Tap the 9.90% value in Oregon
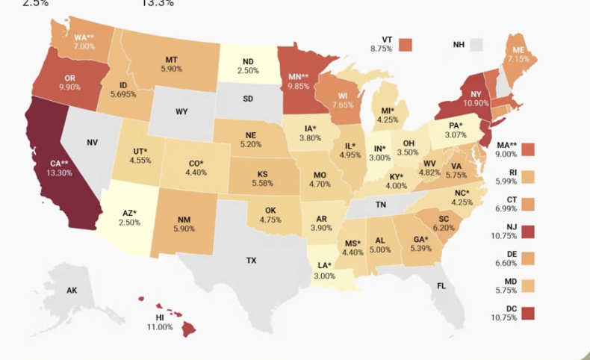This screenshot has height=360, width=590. [x=69, y=87]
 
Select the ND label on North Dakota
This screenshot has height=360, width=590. [x=249, y=61]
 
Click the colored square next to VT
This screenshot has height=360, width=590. [x=406, y=44]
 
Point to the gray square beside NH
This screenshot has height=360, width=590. [x=476, y=45]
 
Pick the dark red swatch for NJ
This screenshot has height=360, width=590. [x=528, y=229]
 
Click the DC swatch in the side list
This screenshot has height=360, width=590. [x=528, y=313]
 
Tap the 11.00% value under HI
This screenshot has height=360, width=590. [x=160, y=327]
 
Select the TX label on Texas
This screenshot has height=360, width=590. [x=252, y=261]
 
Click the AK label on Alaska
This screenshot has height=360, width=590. [x=72, y=290]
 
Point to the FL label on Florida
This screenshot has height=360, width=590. [x=441, y=286]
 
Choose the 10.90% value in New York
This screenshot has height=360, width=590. [x=476, y=103]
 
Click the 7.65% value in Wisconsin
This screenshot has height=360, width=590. [x=344, y=105]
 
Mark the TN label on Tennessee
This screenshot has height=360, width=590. [x=380, y=204]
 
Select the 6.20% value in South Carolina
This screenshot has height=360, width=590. [x=444, y=228]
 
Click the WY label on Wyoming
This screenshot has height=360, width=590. [x=181, y=112]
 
